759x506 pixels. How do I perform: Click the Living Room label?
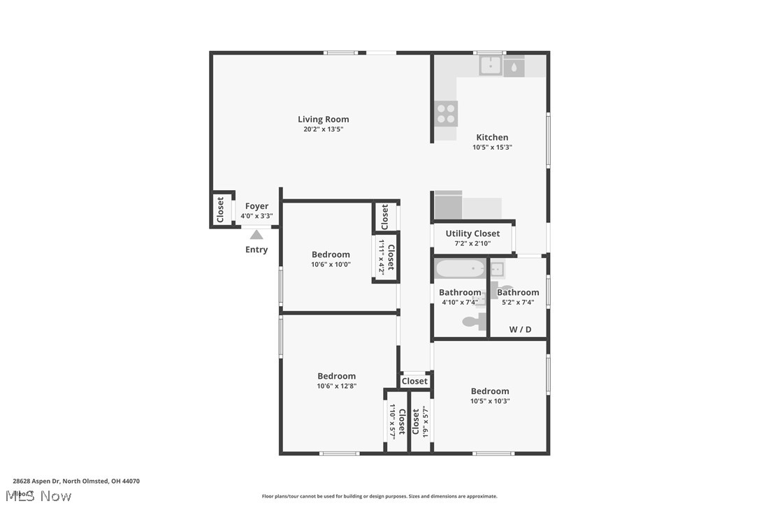tap(323, 120)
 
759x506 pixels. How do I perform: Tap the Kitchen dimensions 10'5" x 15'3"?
tap(493, 147)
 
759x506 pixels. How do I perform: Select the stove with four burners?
tap(447, 113)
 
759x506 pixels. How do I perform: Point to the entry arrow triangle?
tap(256, 235)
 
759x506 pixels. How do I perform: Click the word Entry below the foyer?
tap(256, 250)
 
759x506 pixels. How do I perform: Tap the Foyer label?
tap(256, 206)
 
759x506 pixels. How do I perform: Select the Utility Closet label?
tap(472, 233)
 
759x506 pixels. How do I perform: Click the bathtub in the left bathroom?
tap(460, 269)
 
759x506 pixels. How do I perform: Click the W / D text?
tap(519, 329)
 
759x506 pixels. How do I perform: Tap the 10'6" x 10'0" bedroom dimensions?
tap(331, 264)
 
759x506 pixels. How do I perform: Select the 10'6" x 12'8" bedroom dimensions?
tap(337, 386)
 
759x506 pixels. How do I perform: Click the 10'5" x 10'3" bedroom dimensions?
tap(490, 401)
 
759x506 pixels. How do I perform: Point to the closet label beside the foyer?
tap(221, 209)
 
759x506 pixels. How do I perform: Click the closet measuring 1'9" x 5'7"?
tap(420, 421)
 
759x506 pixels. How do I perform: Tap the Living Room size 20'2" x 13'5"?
tap(323, 129)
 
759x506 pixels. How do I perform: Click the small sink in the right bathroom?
tap(496, 269)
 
